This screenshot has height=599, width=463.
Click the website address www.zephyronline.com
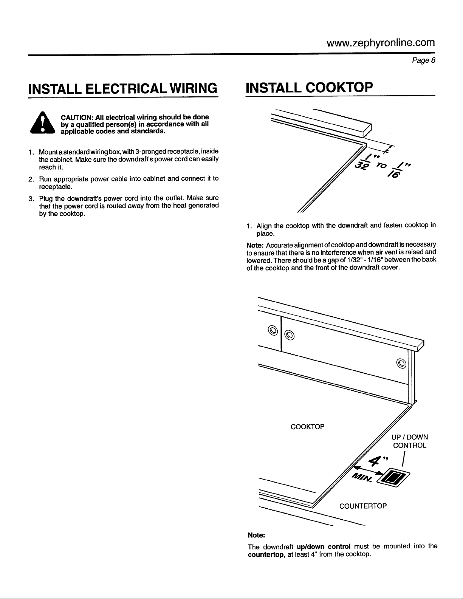click(381, 43)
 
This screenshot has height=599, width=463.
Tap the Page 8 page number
click(424, 60)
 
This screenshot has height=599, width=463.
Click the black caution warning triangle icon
click(42, 123)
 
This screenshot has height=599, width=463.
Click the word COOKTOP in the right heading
click(339, 87)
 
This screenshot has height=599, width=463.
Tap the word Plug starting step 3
click(46, 199)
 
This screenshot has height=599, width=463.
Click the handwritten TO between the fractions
click(382, 166)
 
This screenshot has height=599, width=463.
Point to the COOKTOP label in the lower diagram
click(308, 427)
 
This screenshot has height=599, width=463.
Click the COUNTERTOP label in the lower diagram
click(363, 506)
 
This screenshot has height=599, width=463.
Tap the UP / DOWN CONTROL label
click(410, 441)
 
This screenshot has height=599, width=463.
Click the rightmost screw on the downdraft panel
click(401, 363)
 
